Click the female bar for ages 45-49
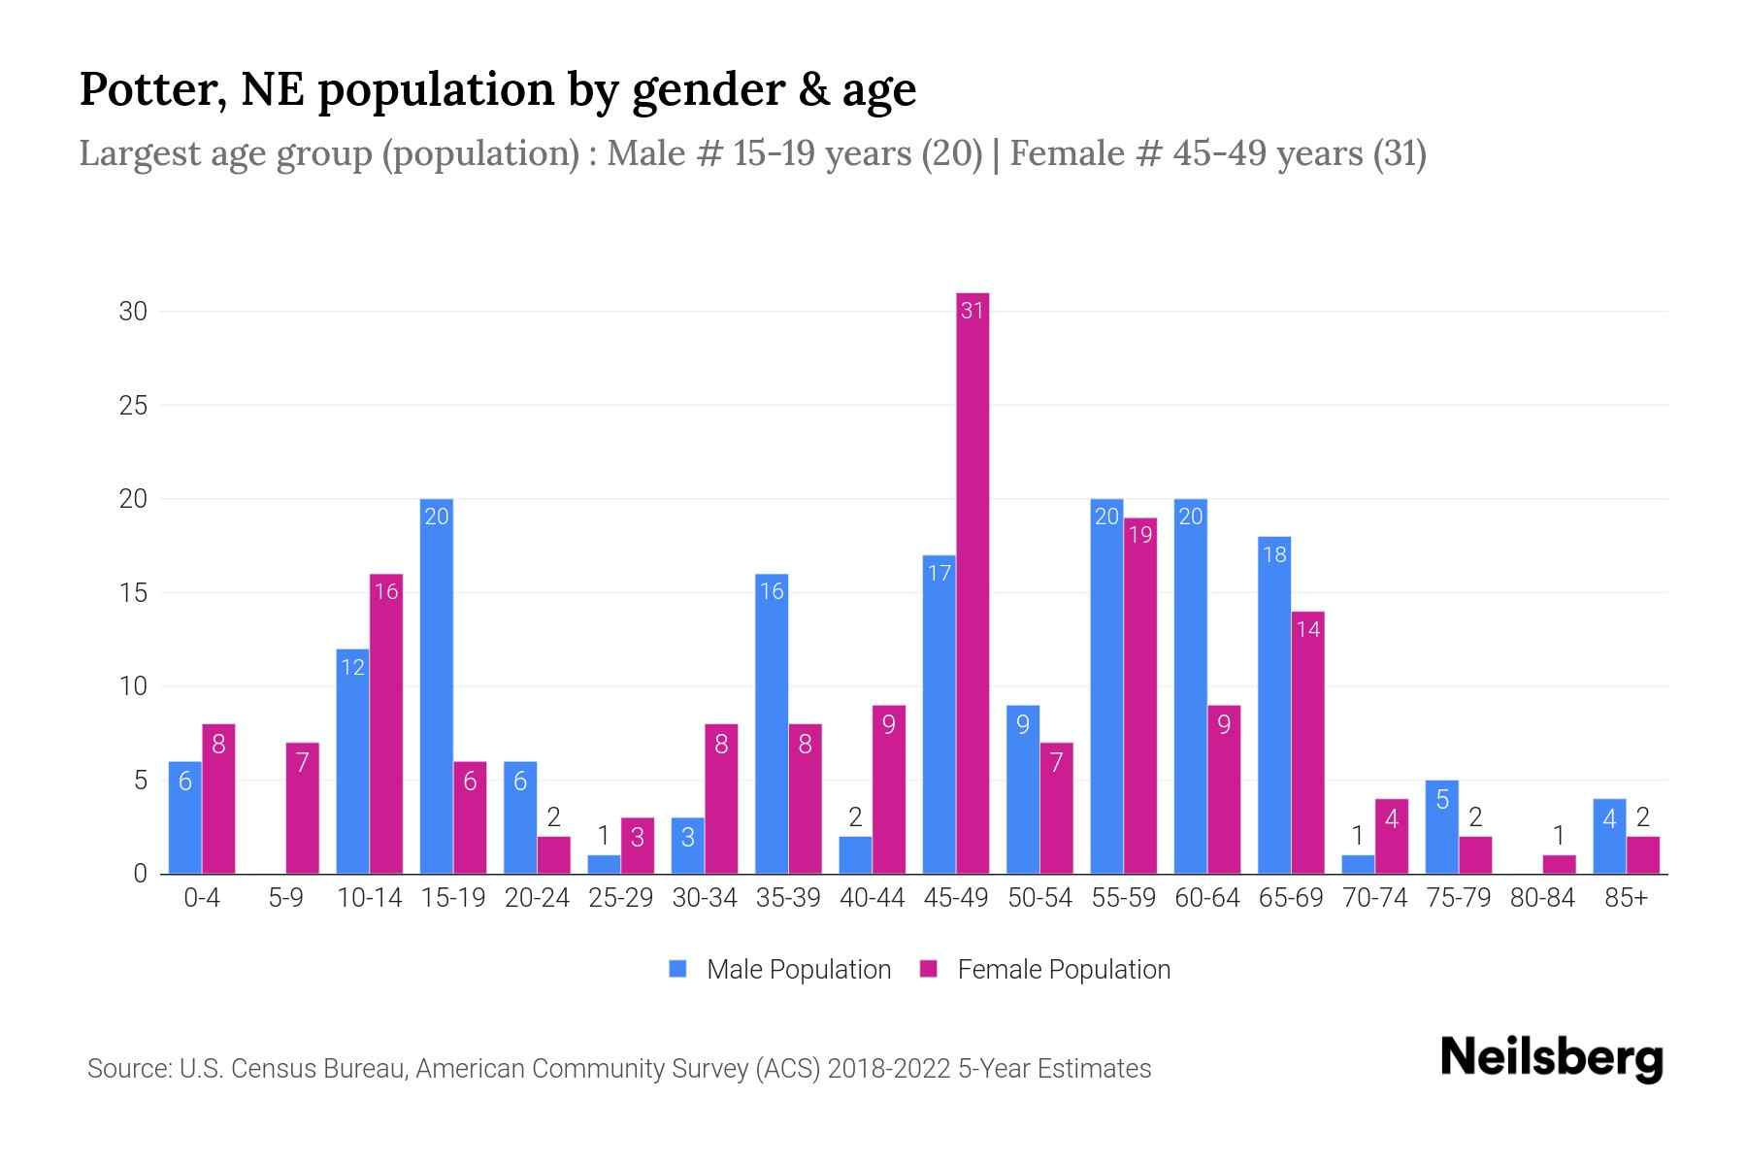(x=972, y=582)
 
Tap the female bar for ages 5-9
(x=303, y=808)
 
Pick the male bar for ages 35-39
(x=772, y=723)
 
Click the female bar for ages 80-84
(x=1559, y=864)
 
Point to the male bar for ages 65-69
(x=1274, y=705)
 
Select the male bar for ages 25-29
(x=604, y=864)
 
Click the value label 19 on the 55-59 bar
(x=1140, y=535)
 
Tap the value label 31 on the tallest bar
(x=972, y=311)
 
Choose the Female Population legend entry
(x=1045, y=969)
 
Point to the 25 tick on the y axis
(x=133, y=405)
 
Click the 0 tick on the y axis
(x=141, y=874)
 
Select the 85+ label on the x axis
(x=1626, y=898)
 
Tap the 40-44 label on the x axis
(x=872, y=898)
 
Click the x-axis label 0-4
(x=202, y=898)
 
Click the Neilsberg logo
(x=1551, y=1058)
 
